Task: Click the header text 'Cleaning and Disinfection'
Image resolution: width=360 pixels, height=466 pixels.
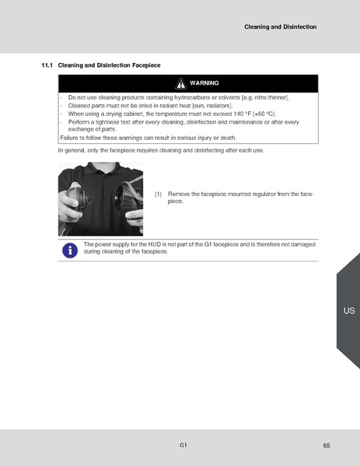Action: tap(280, 26)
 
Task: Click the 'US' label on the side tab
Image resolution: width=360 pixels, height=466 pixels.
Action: tap(348, 310)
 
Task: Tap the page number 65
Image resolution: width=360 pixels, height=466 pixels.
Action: tap(326, 446)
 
